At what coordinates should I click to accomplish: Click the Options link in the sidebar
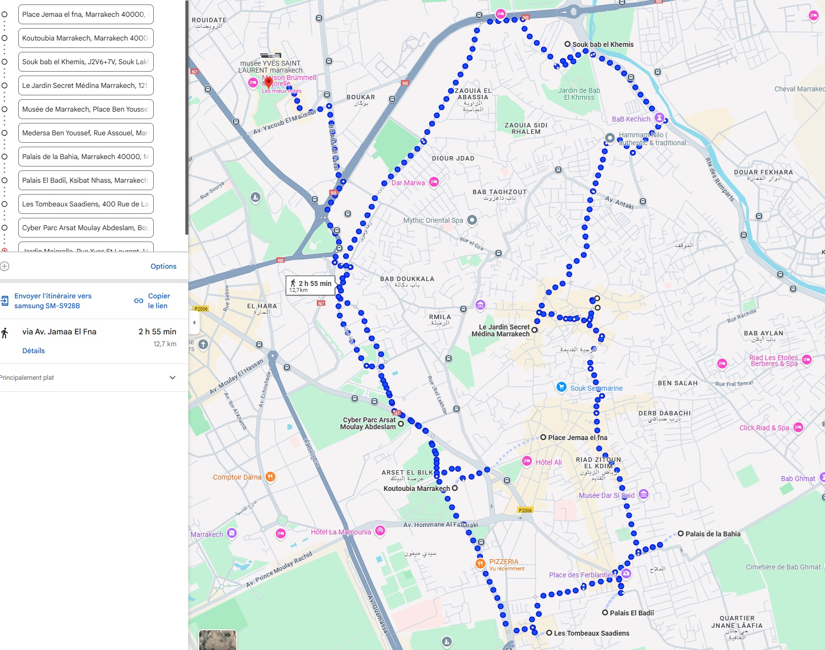pos(163,266)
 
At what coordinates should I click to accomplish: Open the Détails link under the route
pos(33,351)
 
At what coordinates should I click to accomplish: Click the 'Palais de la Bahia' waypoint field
pos(86,157)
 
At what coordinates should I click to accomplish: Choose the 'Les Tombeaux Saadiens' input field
pos(86,204)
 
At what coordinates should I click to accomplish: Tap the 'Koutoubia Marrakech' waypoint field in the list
pos(86,38)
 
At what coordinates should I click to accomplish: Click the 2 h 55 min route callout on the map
pos(311,285)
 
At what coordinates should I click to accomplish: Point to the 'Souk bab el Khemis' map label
pos(603,44)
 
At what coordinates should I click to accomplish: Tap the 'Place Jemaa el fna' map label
pos(577,438)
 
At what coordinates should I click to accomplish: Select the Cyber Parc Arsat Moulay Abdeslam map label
pos(368,423)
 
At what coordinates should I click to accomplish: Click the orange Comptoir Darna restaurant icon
pos(270,477)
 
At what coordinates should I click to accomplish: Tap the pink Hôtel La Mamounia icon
pos(380,531)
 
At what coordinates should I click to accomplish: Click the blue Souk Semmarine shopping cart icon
pos(561,387)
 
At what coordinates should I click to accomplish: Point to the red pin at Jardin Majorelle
pos(268,82)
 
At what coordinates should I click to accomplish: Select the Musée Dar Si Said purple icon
pos(643,494)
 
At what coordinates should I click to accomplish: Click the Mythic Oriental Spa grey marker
pos(472,220)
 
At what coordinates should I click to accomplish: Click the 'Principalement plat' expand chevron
pos(173,377)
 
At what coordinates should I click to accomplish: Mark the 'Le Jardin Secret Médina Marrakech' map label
pos(500,330)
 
